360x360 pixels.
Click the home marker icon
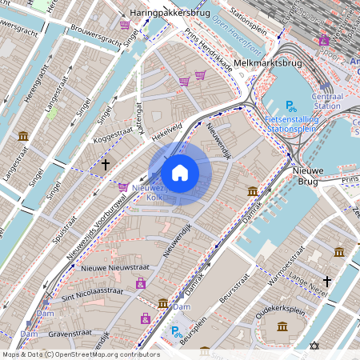click(x=180, y=172)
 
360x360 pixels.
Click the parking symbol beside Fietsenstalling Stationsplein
click(x=291, y=105)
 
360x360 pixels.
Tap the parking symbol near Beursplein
click(x=175, y=330)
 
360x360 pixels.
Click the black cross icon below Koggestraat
click(x=105, y=164)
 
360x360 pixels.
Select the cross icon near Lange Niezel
click(x=326, y=281)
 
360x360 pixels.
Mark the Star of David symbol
click(x=314, y=346)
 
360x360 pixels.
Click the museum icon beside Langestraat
click(x=23, y=135)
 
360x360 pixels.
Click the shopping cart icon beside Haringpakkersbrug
click(x=125, y=25)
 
